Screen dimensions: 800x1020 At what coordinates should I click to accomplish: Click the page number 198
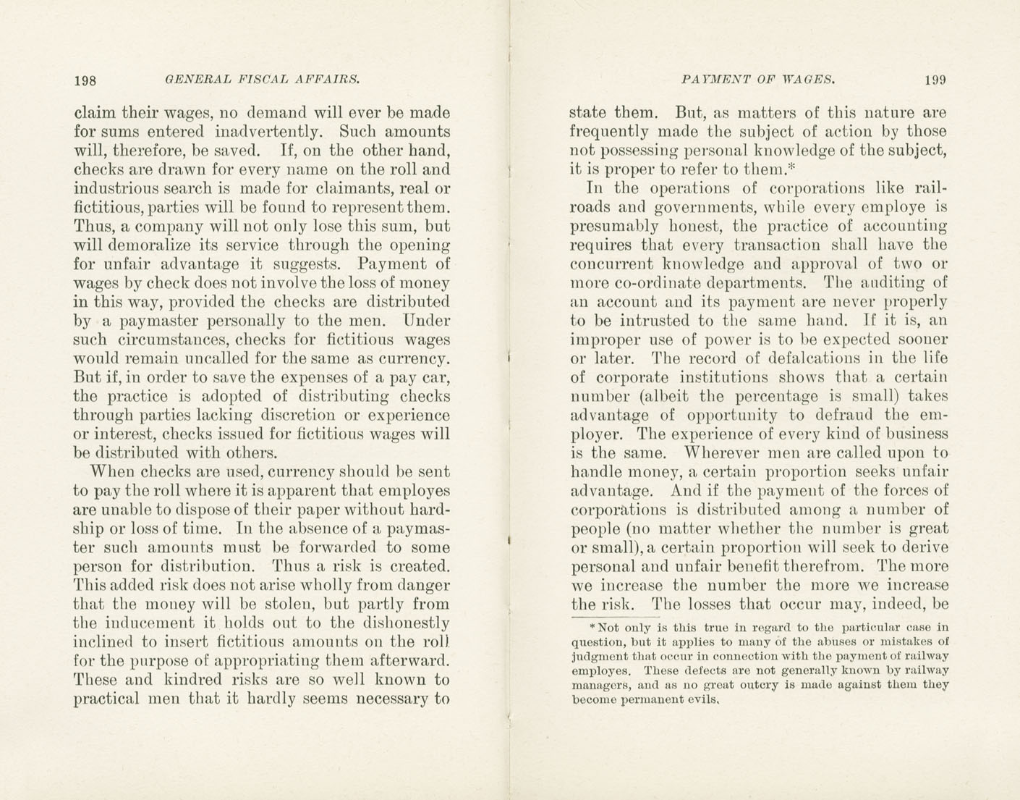click(x=85, y=80)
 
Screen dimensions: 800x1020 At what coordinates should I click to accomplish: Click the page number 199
click(x=935, y=80)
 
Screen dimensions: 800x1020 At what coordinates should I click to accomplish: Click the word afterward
click(x=410, y=661)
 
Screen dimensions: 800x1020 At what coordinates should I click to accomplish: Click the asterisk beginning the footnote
click(x=592, y=626)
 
